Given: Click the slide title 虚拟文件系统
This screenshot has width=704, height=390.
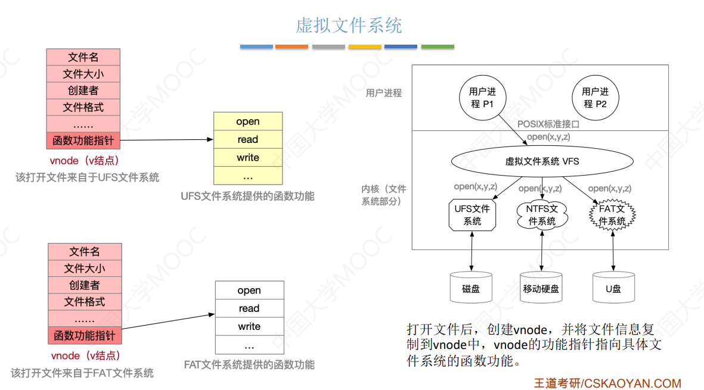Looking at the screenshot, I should click(x=349, y=26).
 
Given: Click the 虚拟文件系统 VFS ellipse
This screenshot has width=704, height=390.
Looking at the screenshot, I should click(x=542, y=161).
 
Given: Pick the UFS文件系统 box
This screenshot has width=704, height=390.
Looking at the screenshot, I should click(x=472, y=215).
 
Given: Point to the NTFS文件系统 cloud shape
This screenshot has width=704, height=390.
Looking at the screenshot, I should click(x=542, y=215).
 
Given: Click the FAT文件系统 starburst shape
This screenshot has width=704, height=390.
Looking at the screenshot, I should click(x=612, y=215).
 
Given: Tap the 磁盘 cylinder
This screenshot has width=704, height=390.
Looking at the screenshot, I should click(x=471, y=288).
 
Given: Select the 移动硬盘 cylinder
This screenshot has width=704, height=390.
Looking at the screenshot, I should click(x=542, y=288).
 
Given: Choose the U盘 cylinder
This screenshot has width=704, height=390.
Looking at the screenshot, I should click(x=613, y=288).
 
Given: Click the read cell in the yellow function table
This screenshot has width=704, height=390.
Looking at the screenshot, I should click(x=248, y=139).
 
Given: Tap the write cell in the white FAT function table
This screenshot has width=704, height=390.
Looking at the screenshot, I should click(x=249, y=326).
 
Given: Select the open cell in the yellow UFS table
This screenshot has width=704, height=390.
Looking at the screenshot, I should click(x=248, y=121).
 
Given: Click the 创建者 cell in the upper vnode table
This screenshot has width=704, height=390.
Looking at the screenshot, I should click(x=83, y=91).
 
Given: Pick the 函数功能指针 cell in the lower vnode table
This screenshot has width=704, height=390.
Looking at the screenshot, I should click(x=85, y=335).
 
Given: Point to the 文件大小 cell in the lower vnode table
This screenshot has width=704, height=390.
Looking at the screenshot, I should click(x=85, y=269).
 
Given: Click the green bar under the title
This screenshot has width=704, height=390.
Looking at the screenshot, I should click(x=438, y=46).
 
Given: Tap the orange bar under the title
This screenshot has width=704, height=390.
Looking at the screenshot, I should click(x=292, y=46).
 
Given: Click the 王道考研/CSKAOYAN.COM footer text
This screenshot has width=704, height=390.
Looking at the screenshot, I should click(x=607, y=383).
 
